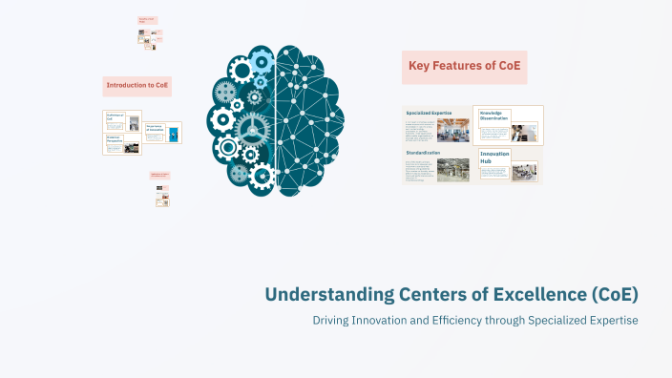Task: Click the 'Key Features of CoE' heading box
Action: pyautogui.click(x=465, y=67)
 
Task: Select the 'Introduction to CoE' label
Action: pyautogui.click(x=137, y=86)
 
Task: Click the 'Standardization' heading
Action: pyautogui.click(x=423, y=153)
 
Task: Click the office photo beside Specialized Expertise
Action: pyautogui.click(x=452, y=130)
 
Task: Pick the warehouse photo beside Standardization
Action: pyautogui.click(x=452, y=170)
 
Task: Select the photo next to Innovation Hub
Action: pyautogui.click(x=524, y=172)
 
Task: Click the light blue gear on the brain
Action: pyautogui.click(x=261, y=61)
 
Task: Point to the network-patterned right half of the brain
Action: pyautogui.click(x=309, y=115)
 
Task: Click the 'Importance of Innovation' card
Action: pyautogui.click(x=163, y=133)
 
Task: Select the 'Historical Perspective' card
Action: pyautogui.click(x=122, y=144)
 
